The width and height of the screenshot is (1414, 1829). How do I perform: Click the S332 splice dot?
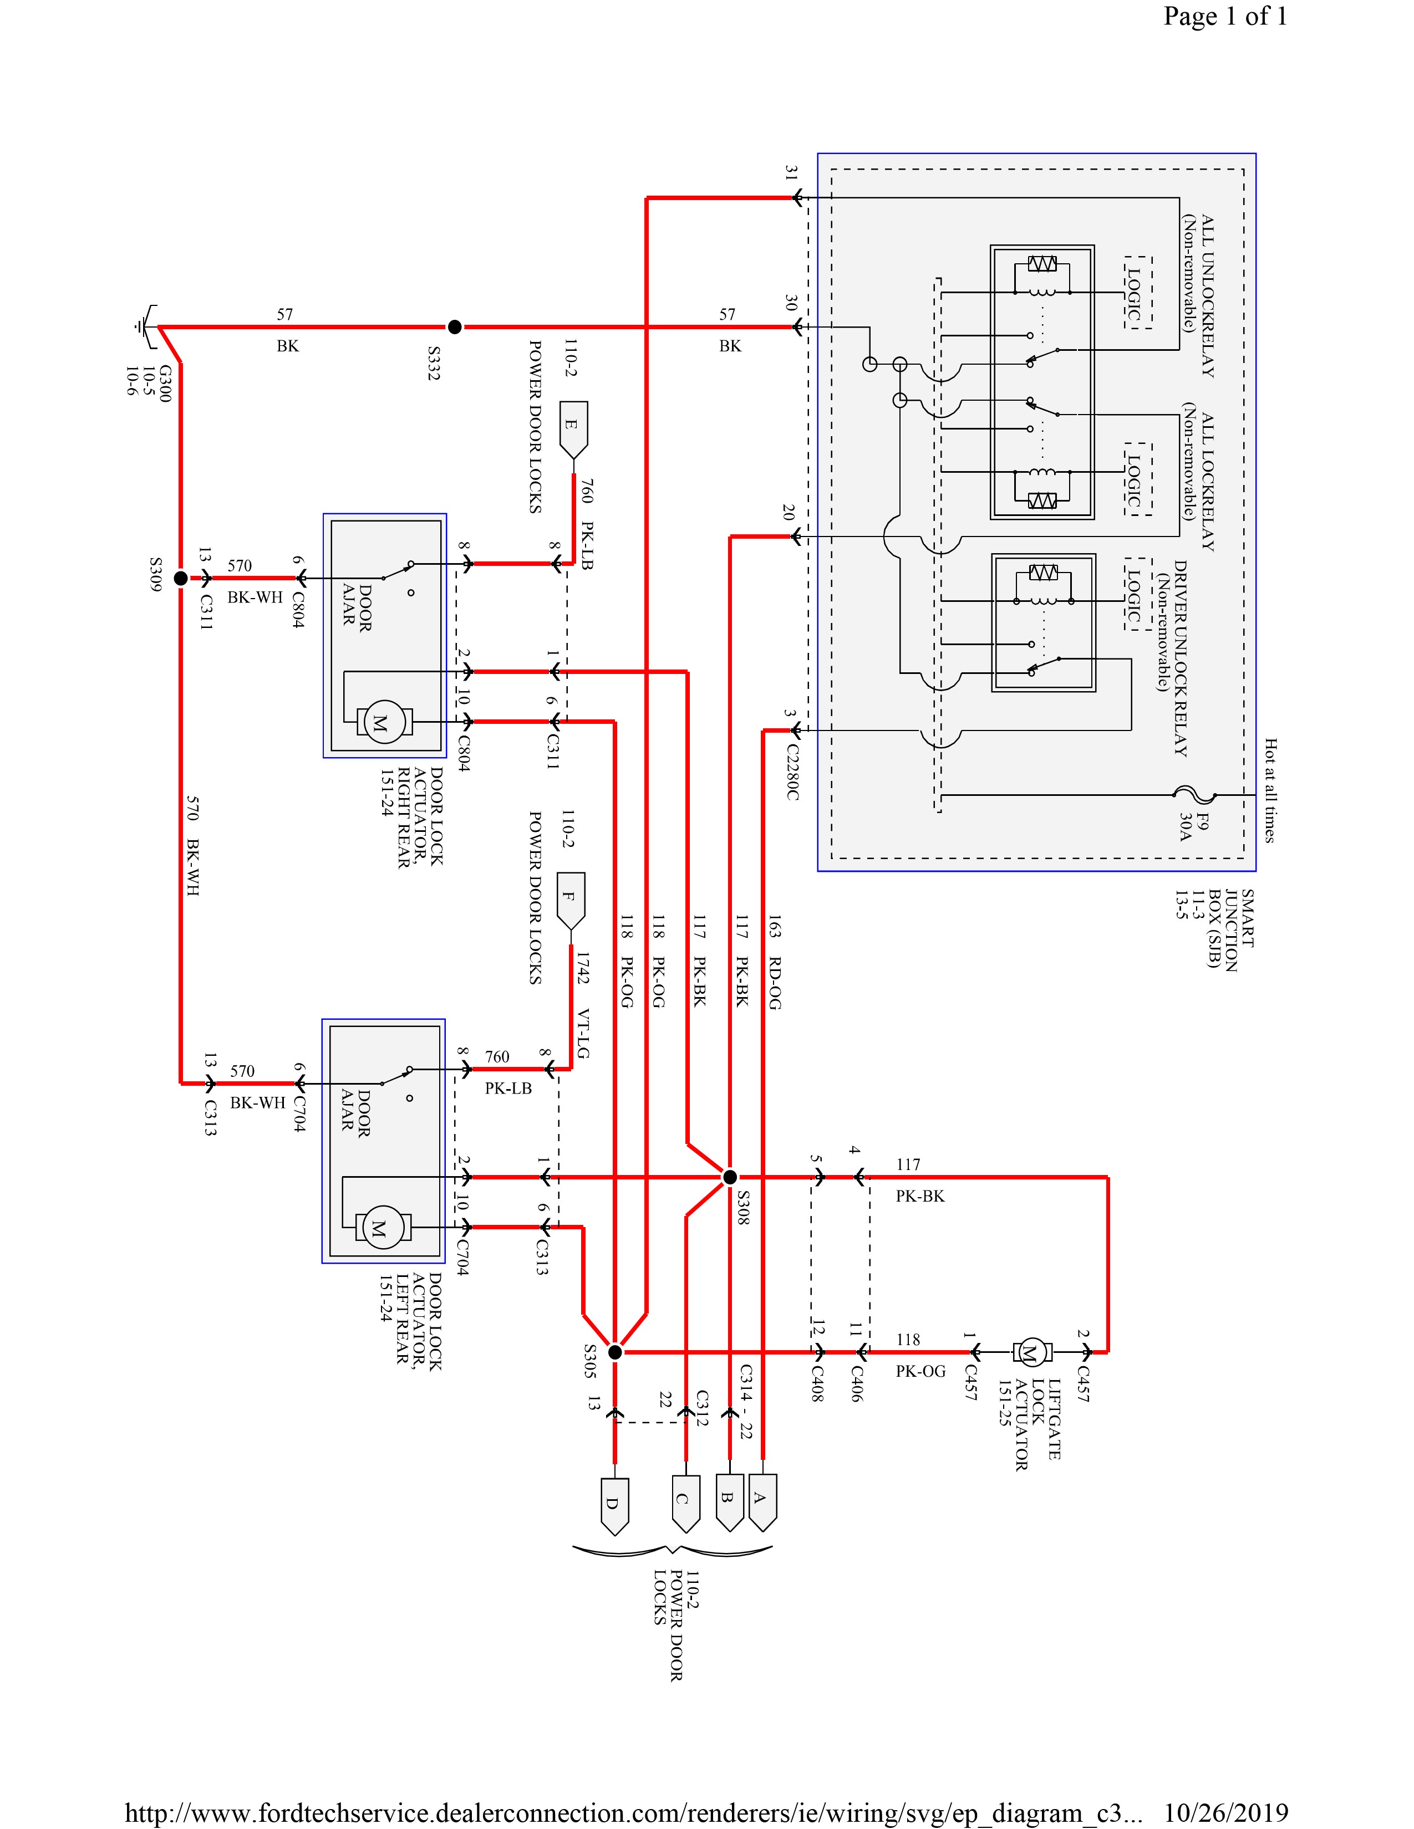454,326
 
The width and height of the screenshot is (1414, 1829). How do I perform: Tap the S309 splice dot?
180,578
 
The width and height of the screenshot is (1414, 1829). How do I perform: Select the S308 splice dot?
730,1177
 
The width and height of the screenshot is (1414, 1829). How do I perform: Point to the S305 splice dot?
615,1352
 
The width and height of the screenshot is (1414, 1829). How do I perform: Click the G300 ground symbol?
145,326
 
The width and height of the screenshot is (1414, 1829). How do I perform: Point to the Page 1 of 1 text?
1225,17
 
